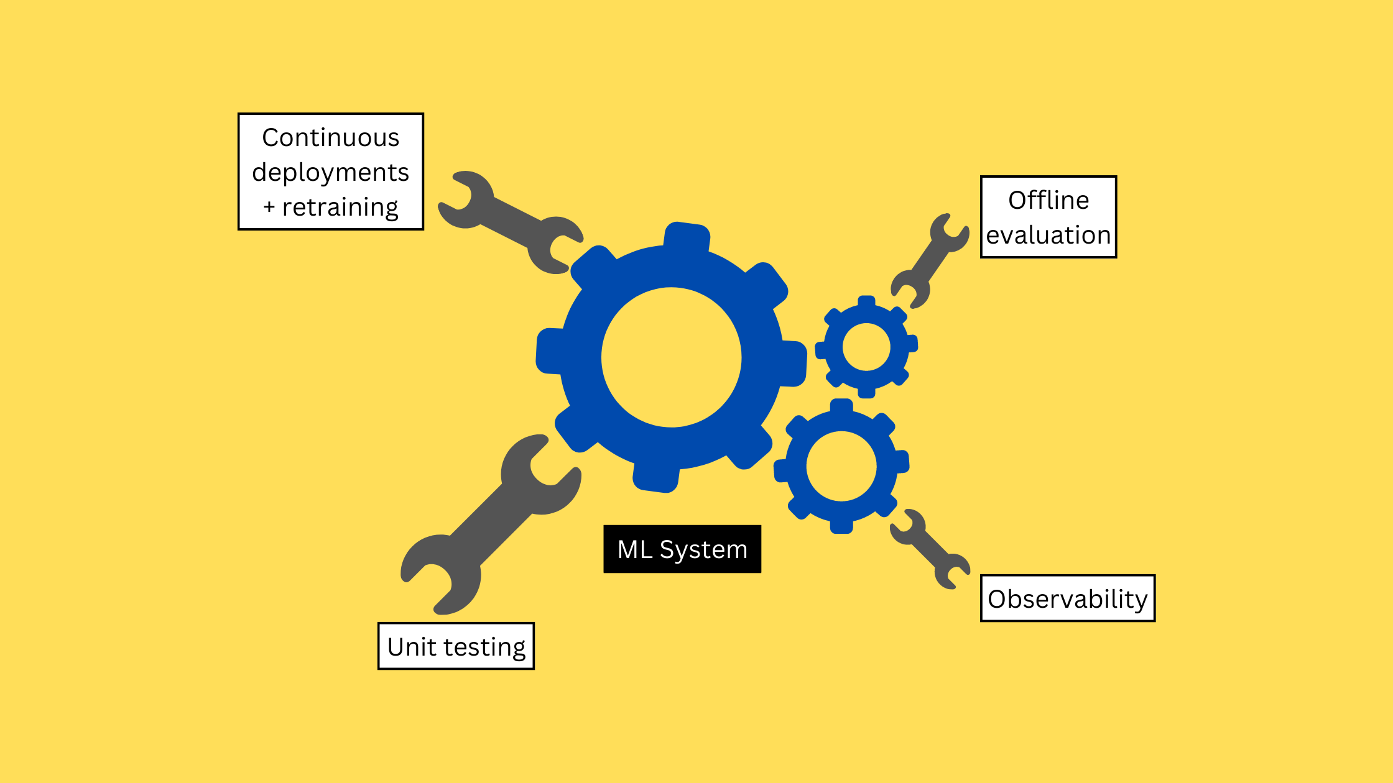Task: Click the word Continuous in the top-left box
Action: (x=330, y=138)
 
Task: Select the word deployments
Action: (x=330, y=173)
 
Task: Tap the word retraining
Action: (x=340, y=208)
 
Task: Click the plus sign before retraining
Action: (x=269, y=207)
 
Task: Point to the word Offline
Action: (x=1048, y=201)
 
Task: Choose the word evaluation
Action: (x=1048, y=236)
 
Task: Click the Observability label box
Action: (x=1068, y=598)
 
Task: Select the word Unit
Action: (x=412, y=647)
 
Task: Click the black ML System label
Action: (x=682, y=549)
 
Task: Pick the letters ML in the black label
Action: (x=634, y=549)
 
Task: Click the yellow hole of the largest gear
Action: (x=672, y=357)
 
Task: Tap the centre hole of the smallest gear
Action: (x=866, y=347)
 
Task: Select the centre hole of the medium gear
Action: (x=841, y=466)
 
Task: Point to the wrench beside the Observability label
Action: (x=930, y=549)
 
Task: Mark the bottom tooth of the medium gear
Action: (x=841, y=525)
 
